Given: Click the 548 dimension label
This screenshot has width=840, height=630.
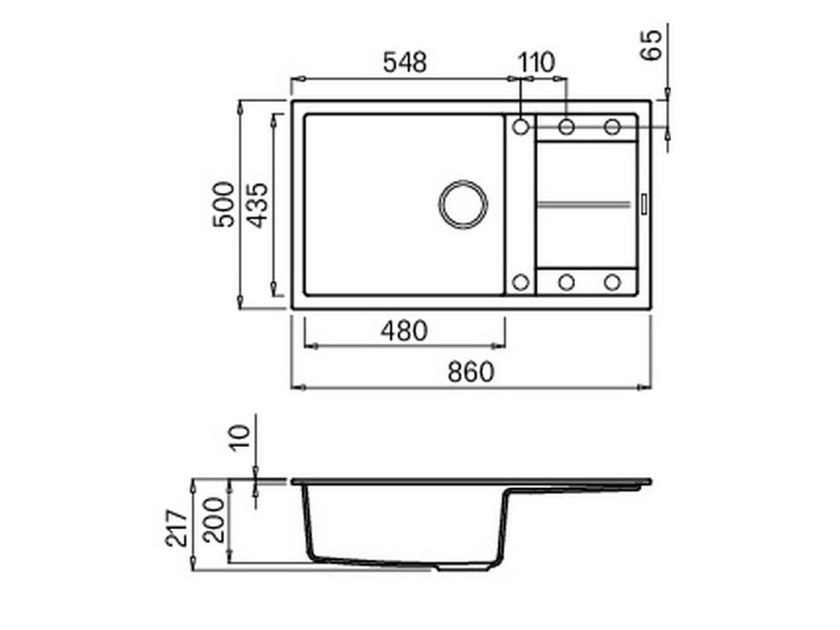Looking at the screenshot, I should (x=405, y=62).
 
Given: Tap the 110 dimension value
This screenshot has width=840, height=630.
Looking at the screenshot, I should (x=536, y=62).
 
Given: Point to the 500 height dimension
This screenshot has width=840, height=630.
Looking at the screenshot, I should (x=223, y=204).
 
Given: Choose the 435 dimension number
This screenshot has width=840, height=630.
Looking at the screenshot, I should (x=258, y=204).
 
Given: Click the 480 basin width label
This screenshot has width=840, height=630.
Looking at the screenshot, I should (x=404, y=331).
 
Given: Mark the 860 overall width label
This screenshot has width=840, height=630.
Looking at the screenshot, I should (x=471, y=372).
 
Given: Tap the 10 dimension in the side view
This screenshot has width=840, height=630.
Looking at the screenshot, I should (x=239, y=439).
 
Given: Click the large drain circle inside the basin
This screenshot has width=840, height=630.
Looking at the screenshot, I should (x=463, y=203).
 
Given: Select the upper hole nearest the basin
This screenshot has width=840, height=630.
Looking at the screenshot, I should (x=520, y=126).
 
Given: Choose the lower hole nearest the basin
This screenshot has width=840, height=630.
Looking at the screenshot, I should (x=520, y=282).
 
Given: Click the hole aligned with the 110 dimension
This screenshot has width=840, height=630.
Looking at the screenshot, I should (x=566, y=126).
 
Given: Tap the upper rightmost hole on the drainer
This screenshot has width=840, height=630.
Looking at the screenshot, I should (x=612, y=126).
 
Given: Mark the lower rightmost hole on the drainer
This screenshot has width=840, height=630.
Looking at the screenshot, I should (x=612, y=282).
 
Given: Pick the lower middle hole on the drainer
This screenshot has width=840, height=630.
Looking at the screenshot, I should (x=566, y=282).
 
